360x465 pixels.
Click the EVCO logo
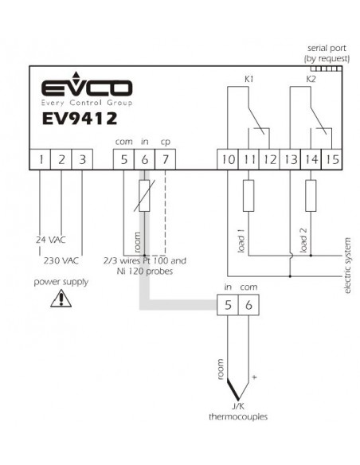pyautogui.click(x=87, y=88)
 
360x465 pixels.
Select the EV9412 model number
pyautogui.click(x=80, y=119)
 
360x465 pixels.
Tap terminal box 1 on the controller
pyautogui.click(x=40, y=159)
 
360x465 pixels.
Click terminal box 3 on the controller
pyautogui.click(x=82, y=159)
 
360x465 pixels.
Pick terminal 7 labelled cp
pyautogui.click(x=165, y=159)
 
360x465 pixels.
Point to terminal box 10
pyautogui.click(x=228, y=159)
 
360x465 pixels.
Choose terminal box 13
pyautogui.click(x=291, y=159)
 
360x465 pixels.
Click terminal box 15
pyautogui.click(x=332, y=159)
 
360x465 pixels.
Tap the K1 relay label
pyautogui.click(x=248, y=79)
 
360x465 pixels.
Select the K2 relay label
pyautogui.click(x=311, y=79)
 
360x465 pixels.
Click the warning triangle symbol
pyautogui.click(x=61, y=298)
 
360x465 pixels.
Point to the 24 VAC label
pyautogui.click(x=51, y=240)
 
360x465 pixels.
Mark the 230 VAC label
pyautogui.click(x=61, y=260)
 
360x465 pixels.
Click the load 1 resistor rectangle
pyautogui.click(x=248, y=195)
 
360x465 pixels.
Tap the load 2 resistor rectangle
pyautogui.click(x=311, y=195)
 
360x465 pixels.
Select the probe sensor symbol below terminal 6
pyautogui.click(x=144, y=195)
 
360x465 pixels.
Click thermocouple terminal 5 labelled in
pyautogui.click(x=228, y=305)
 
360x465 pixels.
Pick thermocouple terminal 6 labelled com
pyautogui.click(x=248, y=305)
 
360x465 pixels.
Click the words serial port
pyautogui.click(x=327, y=48)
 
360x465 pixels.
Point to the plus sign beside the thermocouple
pyautogui.click(x=254, y=377)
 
